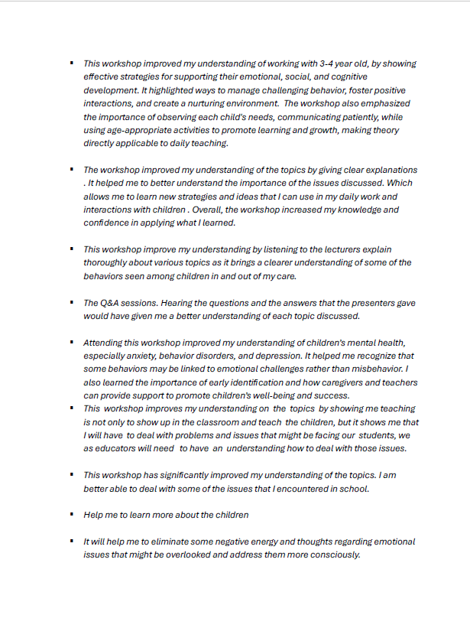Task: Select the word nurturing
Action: [x=235, y=103]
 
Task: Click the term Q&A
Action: [x=112, y=303]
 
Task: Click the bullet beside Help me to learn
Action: [x=70, y=515]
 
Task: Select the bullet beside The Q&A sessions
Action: [x=70, y=303]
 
